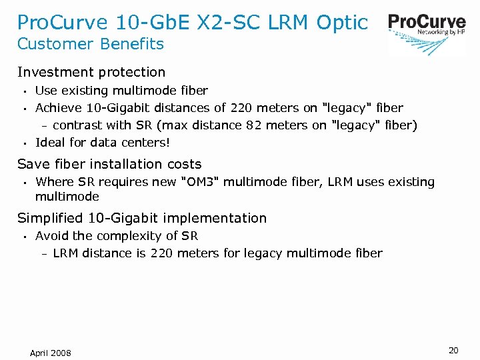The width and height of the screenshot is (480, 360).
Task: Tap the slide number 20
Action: coord(453,351)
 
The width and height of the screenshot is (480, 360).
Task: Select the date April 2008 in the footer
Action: coord(50,353)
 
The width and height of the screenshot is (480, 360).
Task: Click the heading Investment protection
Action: coord(91,72)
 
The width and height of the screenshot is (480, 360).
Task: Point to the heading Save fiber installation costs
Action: coord(109,164)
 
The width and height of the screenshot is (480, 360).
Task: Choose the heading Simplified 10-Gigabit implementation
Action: coord(141,218)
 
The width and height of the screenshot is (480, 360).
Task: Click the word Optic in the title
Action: coord(342,22)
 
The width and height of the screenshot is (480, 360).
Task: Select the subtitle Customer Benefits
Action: coord(90,45)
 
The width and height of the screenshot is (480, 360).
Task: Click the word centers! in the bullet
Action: coord(145,142)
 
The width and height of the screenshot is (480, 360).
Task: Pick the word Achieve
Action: coord(58,107)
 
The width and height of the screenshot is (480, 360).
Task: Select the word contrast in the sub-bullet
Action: coord(76,125)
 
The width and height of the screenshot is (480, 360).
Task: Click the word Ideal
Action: coord(49,142)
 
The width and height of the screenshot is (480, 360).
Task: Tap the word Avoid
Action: coord(51,236)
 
